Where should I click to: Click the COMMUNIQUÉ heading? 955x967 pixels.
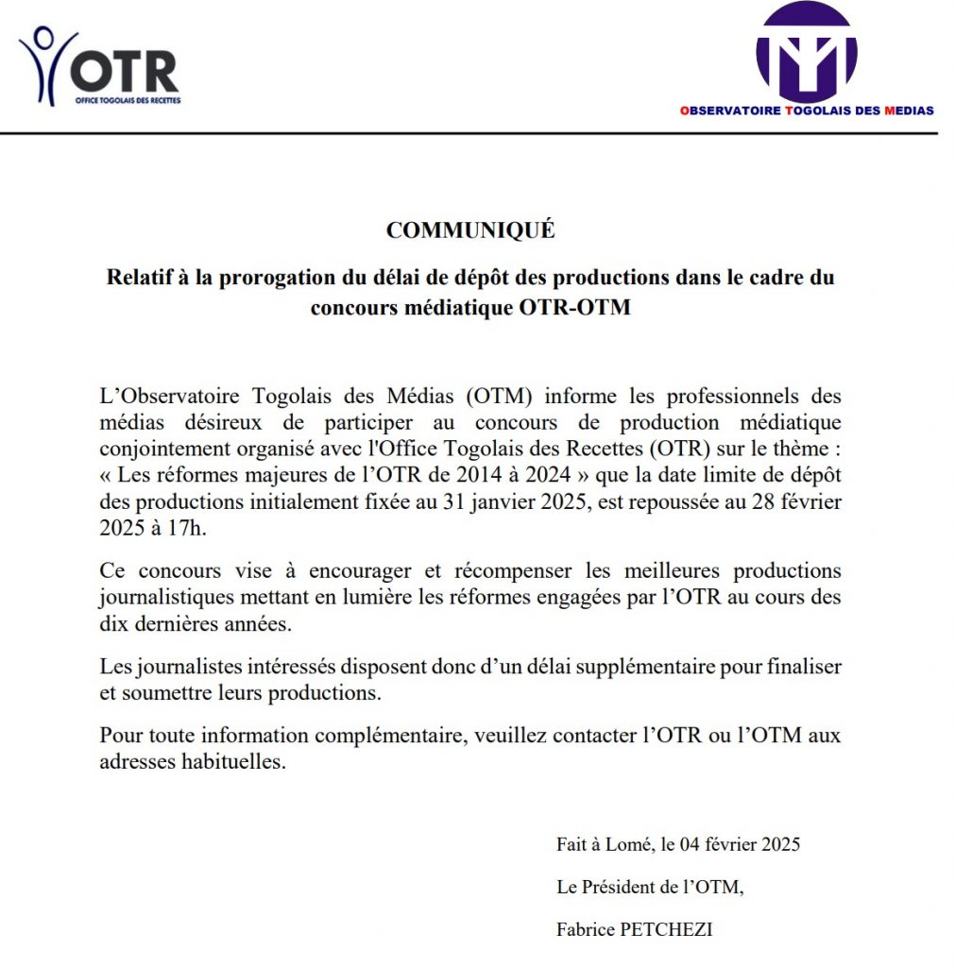click(x=470, y=230)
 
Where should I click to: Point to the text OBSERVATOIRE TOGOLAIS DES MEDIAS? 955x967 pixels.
click(x=806, y=110)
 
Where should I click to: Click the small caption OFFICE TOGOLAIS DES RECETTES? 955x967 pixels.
click(x=128, y=99)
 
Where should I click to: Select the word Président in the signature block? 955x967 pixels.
click(x=621, y=887)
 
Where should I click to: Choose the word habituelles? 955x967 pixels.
click(x=232, y=762)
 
